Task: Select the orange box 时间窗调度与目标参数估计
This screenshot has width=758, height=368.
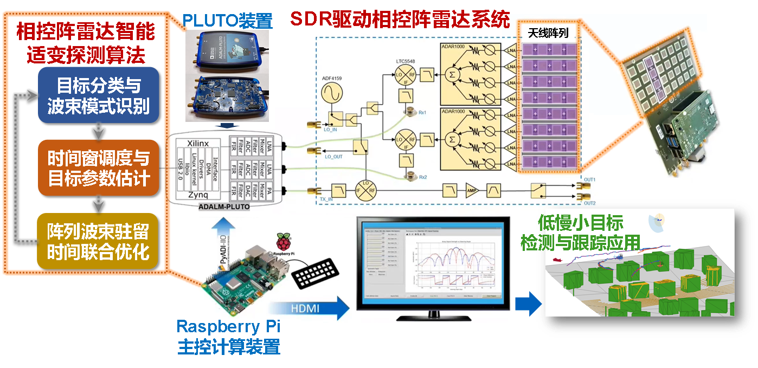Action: (98, 168)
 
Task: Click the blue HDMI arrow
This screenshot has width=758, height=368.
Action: (309, 307)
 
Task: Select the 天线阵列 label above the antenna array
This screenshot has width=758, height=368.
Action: (548, 33)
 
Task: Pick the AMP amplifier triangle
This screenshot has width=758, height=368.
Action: (472, 190)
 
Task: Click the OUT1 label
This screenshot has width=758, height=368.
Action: (589, 179)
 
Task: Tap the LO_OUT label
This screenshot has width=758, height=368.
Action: (335, 156)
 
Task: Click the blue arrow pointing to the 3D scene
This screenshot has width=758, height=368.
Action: (528, 304)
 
